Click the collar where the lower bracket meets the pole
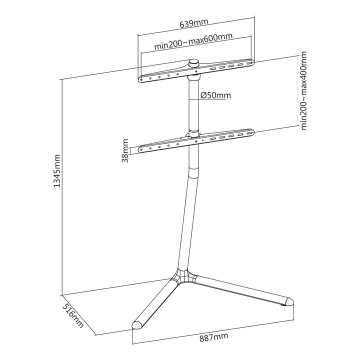(x=193, y=135)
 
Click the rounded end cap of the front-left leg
(x=136, y=324)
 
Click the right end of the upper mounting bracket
(x=251, y=62)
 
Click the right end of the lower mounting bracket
(x=251, y=132)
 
